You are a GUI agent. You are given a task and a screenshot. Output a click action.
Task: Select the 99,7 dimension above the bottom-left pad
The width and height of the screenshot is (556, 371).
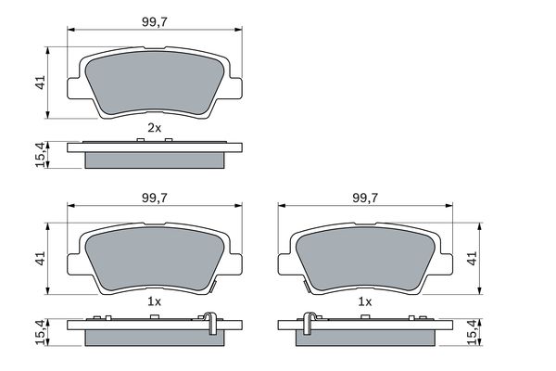coord(156,196)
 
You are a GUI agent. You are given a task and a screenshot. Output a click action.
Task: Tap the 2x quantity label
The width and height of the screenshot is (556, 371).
coord(155,127)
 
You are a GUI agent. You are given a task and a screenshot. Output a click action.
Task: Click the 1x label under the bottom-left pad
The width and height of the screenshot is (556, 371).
coord(155,303)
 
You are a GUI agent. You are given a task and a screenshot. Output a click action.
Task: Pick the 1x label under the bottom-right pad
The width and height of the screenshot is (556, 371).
coord(365,303)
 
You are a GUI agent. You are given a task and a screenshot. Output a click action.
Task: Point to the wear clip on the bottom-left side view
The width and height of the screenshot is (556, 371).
coord(212,322)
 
